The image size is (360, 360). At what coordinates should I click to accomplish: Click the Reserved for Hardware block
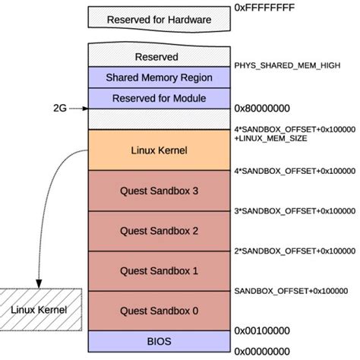(159, 19)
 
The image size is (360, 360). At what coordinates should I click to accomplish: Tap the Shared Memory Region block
(159, 77)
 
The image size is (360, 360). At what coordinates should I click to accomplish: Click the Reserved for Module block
(159, 98)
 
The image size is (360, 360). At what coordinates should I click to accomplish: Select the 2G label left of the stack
(60, 109)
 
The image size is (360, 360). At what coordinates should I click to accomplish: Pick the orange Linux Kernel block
(159, 150)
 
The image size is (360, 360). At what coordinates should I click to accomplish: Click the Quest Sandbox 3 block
(159, 191)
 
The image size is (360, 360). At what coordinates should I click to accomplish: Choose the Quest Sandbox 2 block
(159, 231)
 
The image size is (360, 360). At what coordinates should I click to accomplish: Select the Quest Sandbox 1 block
(159, 270)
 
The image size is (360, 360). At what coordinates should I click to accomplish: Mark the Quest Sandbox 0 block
(159, 310)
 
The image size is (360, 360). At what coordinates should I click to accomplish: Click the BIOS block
(159, 340)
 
